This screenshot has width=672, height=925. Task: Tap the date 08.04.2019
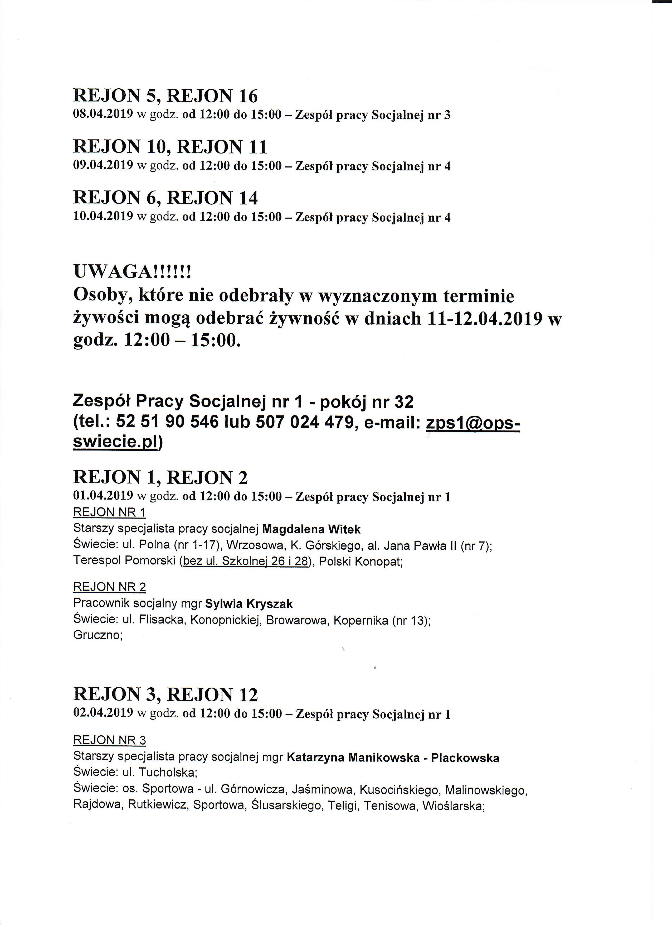103,115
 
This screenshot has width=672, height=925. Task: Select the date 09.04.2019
103,166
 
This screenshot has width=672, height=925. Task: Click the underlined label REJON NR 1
109,513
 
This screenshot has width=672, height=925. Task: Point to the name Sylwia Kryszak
249,604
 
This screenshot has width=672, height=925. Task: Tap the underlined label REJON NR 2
109,587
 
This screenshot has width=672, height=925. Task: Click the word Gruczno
97,635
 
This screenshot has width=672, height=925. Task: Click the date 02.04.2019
103,713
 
